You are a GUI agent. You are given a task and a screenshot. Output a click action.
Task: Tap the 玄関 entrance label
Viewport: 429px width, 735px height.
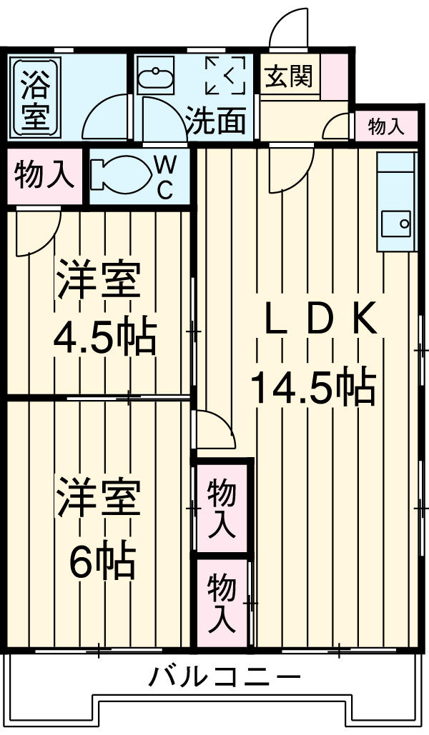290,76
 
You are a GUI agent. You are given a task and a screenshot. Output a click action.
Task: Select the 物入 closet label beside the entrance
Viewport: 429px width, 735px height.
386,127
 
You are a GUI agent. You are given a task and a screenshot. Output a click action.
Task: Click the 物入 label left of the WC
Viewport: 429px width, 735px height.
44,174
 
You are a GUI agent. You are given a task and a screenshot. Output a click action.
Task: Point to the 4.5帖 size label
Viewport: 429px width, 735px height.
105,339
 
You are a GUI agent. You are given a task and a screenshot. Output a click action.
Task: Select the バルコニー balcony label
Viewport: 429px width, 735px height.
224,675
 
